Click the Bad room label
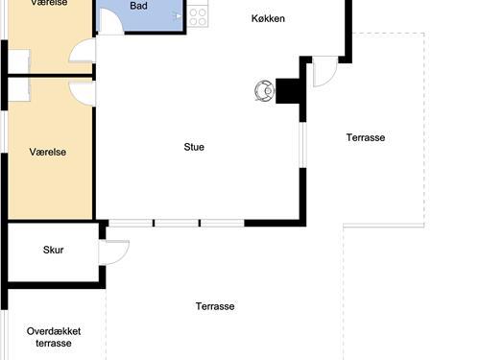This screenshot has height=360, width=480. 138,6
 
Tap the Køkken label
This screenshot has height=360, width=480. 268,18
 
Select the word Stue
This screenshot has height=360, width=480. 194,147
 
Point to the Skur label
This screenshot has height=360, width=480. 53,250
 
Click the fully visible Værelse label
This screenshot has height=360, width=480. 48,152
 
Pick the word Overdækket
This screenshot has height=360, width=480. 54,331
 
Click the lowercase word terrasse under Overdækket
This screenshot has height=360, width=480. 54,344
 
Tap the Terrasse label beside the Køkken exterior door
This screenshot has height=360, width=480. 366,137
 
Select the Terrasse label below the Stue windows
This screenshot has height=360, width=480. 215,306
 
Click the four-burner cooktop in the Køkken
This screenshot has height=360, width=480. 198,17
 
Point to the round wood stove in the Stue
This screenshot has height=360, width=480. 265,91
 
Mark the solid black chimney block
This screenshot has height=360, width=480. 288,91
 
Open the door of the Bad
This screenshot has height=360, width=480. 110,21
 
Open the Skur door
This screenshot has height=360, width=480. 114,252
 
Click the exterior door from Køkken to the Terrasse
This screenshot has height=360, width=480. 324,72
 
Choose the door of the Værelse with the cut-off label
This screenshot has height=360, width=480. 83,51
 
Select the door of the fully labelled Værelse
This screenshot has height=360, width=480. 83,93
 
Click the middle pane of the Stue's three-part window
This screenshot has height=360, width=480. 177,223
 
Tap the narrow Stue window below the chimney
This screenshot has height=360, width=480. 302,145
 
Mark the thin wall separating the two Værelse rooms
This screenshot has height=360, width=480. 50,76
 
